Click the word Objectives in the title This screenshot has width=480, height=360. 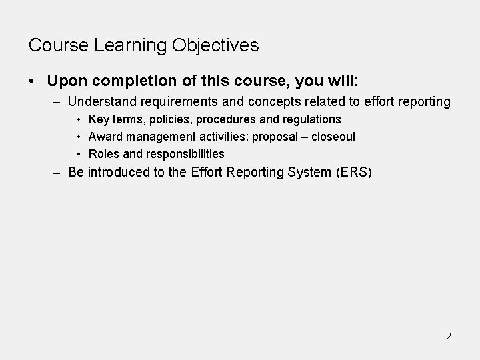coord(215,46)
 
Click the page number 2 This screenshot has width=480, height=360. coord(449,336)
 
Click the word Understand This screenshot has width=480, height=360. coord(101,102)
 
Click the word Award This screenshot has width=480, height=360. coord(105,137)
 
